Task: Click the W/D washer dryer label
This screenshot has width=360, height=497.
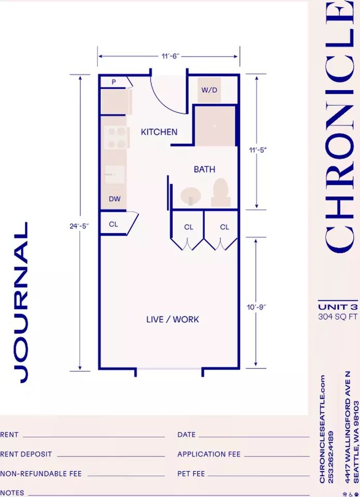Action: click(x=209, y=90)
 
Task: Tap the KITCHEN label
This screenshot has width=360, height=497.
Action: click(x=159, y=132)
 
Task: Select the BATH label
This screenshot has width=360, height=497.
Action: click(x=204, y=169)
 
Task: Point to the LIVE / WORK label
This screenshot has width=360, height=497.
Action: click(x=173, y=319)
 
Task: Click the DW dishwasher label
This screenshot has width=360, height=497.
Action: click(x=115, y=199)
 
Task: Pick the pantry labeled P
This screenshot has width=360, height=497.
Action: click(x=114, y=82)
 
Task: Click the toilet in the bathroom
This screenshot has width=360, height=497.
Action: click(x=221, y=193)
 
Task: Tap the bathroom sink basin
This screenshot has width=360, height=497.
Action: click(x=191, y=196)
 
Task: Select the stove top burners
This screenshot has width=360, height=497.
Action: click(x=116, y=138)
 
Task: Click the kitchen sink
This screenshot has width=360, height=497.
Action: click(x=114, y=174)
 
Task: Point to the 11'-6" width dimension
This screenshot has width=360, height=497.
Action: click(x=170, y=56)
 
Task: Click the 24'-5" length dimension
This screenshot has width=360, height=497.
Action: click(x=79, y=226)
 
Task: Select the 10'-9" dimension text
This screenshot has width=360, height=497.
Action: click(x=256, y=307)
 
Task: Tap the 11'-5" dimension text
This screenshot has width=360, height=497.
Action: click(x=258, y=150)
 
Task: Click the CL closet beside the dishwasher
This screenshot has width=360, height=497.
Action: click(x=113, y=224)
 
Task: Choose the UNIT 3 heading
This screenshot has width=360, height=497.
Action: click(x=338, y=307)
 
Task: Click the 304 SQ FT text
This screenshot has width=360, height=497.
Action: click(x=338, y=317)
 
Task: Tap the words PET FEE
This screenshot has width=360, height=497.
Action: click(x=191, y=474)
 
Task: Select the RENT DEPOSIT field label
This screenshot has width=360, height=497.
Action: click(x=26, y=454)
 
